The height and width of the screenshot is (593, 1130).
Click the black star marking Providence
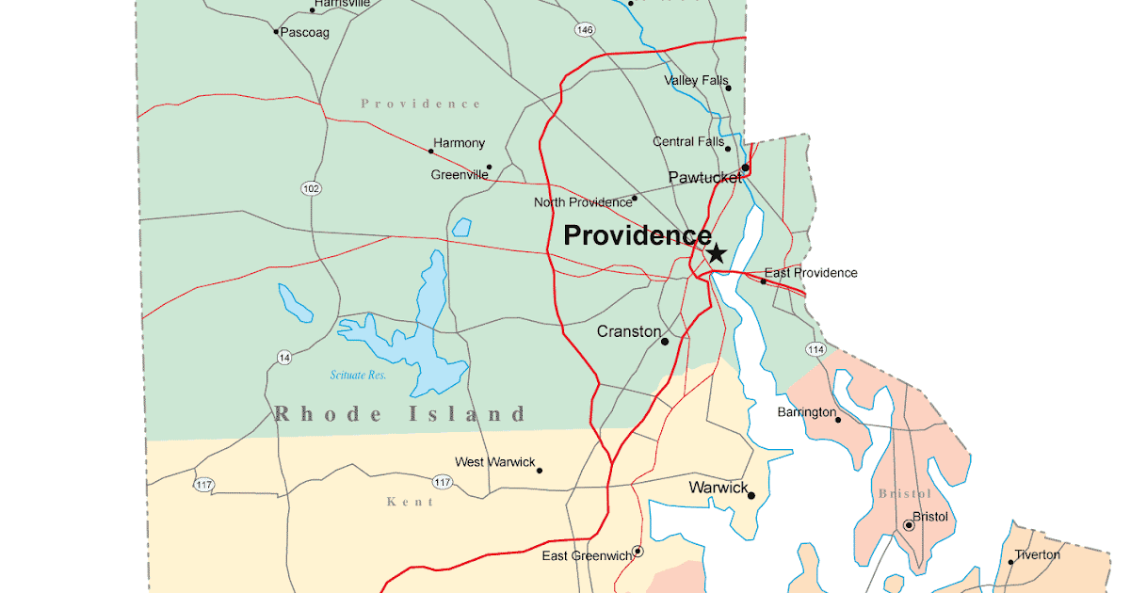717,252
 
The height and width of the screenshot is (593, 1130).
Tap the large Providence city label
637,235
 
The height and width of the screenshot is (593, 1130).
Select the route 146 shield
585,30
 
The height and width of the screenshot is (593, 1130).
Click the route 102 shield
312,188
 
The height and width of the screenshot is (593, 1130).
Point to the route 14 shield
284,357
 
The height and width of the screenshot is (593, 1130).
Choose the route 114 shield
815,349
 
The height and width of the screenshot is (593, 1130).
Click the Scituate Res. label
358,376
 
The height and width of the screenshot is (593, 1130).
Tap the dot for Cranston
665,341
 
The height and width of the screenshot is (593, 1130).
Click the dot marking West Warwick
540,470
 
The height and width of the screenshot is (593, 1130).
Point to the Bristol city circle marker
909,525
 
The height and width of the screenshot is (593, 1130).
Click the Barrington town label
806,412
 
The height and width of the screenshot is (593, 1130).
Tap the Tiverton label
1037,554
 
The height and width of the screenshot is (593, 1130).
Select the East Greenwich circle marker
638,551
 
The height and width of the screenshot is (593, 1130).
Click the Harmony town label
459,143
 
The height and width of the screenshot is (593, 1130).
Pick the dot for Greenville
489,168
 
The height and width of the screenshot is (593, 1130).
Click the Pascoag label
304,32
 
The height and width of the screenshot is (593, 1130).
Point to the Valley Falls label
696,81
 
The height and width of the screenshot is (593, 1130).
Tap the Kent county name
411,502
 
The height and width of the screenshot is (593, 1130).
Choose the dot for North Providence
635,198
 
